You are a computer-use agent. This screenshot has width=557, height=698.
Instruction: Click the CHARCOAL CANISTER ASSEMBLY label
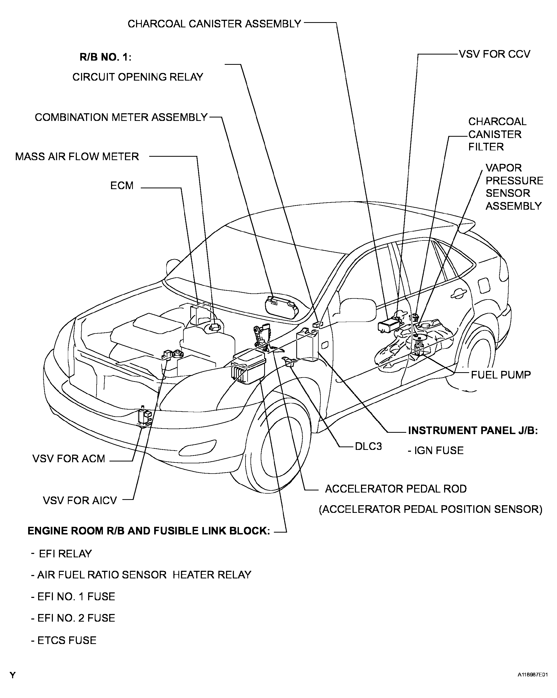(214, 24)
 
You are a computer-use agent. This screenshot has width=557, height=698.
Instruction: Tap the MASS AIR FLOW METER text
(77, 156)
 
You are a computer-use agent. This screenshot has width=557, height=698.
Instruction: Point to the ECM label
(122, 185)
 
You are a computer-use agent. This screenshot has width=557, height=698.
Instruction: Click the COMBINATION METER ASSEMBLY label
(121, 117)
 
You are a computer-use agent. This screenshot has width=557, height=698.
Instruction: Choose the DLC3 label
(368, 446)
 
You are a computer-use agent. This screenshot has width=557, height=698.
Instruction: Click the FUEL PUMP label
(501, 375)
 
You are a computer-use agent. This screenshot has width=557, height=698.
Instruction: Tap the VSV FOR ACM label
(69, 459)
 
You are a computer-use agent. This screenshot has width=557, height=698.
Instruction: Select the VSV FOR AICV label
(79, 500)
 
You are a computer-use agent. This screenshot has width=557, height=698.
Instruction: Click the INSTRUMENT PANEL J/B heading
(473, 431)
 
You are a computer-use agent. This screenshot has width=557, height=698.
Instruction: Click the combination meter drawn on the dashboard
(282, 307)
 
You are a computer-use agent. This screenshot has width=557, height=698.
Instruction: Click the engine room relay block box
(248, 366)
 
